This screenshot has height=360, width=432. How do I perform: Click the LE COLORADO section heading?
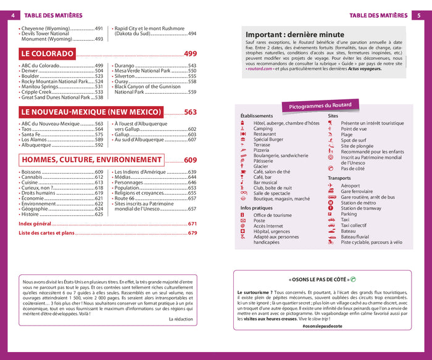click(48, 54)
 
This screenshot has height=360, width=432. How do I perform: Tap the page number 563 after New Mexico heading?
click(190, 112)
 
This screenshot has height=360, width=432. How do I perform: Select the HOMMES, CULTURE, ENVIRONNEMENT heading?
click(91, 160)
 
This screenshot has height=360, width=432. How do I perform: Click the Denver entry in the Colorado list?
click(30, 71)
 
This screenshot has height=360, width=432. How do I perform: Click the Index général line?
click(35, 224)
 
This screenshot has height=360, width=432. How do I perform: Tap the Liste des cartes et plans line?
click(47, 233)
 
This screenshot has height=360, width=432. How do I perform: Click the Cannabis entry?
click(33, 177)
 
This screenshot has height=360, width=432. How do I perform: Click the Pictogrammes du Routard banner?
click(320, 106)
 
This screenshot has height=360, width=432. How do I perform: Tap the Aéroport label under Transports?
click(350, 186)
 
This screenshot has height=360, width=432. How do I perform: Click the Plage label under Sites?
click(347, 134)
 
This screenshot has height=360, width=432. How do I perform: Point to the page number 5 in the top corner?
click(420, 15)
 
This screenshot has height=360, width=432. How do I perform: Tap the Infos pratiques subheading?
click(258, 208)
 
